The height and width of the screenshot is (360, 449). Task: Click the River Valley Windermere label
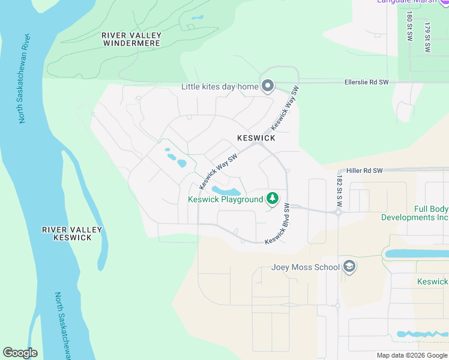131,40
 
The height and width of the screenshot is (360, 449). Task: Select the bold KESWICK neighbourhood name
256,138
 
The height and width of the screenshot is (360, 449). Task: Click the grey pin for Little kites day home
268,86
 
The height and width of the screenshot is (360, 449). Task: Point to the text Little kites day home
220,87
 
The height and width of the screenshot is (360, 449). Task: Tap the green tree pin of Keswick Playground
273,197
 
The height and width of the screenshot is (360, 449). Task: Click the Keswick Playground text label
226,199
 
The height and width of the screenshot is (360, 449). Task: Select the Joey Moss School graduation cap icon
349,266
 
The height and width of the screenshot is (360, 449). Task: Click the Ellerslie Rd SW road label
367,82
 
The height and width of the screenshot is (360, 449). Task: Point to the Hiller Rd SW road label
360,171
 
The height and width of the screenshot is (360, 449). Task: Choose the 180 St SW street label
409,26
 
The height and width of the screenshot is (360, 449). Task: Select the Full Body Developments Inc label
415,213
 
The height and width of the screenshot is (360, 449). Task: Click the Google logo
20,353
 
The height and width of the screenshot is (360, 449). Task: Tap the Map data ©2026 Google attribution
412,355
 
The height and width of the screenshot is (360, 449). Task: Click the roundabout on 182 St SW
338,212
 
